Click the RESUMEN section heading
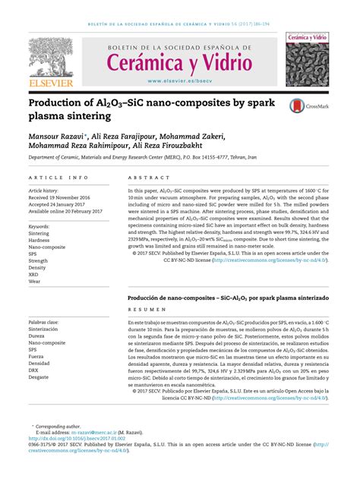point(147,310)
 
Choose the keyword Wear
point(36,282)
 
